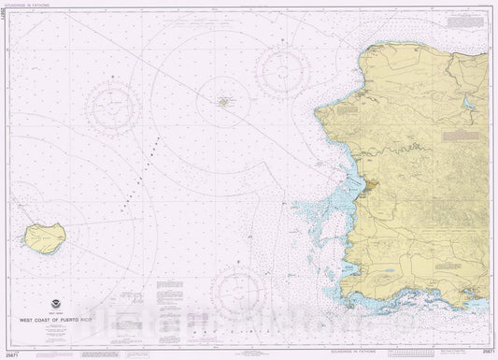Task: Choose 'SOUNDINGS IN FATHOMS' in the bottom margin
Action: click(x=356, y=353)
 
